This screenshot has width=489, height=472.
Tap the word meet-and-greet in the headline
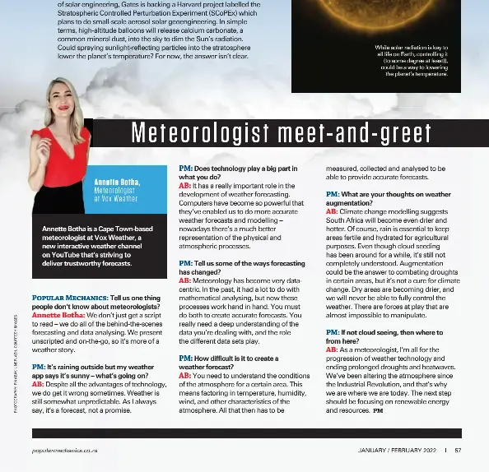[362, 133]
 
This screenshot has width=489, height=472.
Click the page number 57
[458, 450]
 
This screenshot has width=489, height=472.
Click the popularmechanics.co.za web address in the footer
[66, 451]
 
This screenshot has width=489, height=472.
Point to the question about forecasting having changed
[231, 267]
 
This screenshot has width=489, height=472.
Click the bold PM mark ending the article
[378, 409]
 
